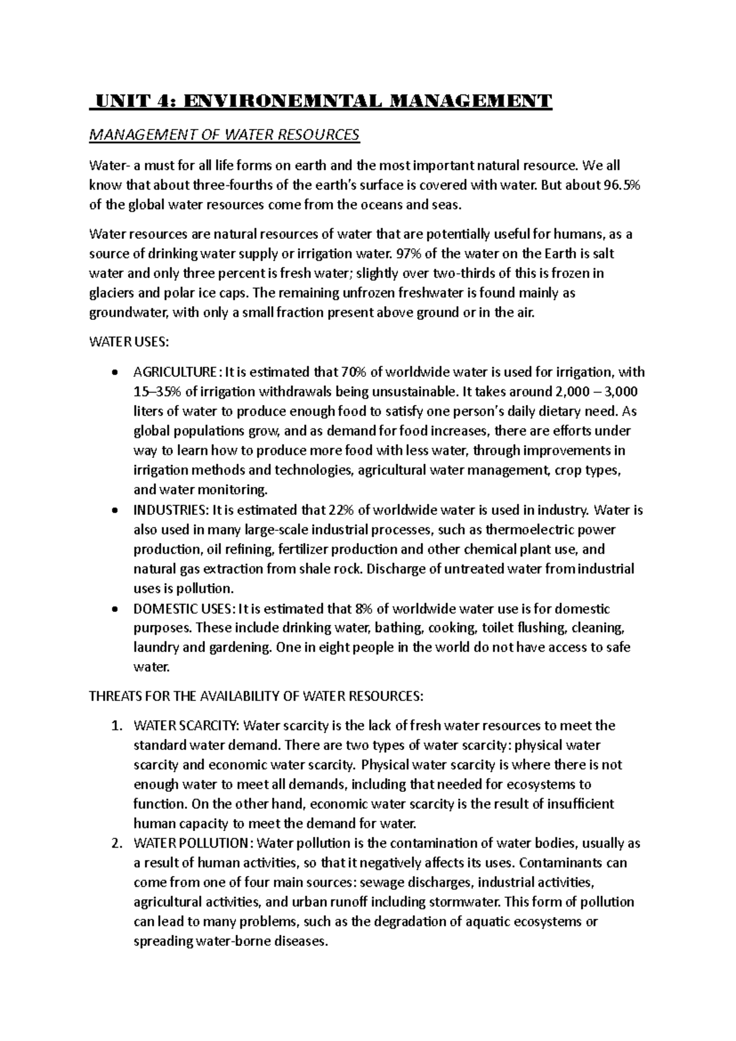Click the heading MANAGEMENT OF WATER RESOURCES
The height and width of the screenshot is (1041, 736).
(x=224, y=135)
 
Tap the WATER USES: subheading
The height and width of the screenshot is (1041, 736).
(x=128, y=342)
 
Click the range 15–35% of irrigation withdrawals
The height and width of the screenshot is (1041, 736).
(x=158, y=392)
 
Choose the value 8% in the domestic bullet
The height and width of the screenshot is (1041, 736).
(x=363, y=609)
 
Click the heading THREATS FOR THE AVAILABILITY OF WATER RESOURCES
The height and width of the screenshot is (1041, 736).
(x=256, y=697)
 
